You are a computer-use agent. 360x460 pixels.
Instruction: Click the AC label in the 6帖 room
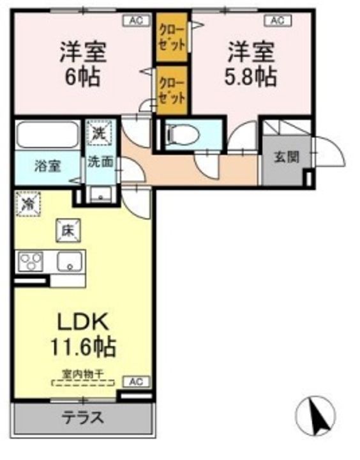click(x=135, y=20)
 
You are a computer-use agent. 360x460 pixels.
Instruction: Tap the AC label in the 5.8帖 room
click(x=276, y=20)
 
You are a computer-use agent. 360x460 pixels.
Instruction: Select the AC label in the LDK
click(x=135, y=381)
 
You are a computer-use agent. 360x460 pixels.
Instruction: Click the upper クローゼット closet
click(x=172, y=38)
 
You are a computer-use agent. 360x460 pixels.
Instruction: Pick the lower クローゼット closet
click(x=172, y=89)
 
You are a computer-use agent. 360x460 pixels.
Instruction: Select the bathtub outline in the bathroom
click(x=48, y=134)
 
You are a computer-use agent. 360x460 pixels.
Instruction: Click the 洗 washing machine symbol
click(x=100, y=133)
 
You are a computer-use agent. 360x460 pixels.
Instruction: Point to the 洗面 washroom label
click(x=101, y=162)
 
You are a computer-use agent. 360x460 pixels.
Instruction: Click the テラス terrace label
click(x=82, y=418)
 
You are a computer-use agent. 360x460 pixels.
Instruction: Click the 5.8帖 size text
click(x=251, y=77)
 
